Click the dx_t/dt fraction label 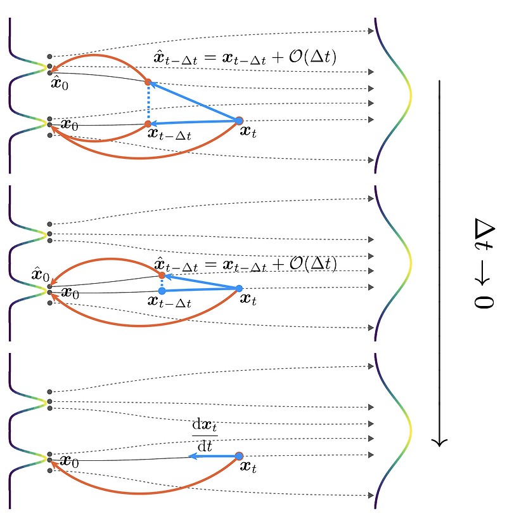pos(203,436)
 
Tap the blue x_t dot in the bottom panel pos(239,456)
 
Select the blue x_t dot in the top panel pos(239,120)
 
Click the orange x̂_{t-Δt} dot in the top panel pos(148,82)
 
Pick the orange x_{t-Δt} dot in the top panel pos(148,123)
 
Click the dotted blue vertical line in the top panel pos(148,103)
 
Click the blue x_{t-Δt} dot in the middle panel pos(162,291)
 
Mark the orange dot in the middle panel pos(162,275)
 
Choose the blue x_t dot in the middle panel pos(239,289)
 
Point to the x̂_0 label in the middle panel pos(40,276)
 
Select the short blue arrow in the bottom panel pos(213,456)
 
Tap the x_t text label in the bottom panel pos(248,467)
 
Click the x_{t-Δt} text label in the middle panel pos(169,302)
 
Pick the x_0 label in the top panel pos(68,125)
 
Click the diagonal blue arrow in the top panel pos(193,101)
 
